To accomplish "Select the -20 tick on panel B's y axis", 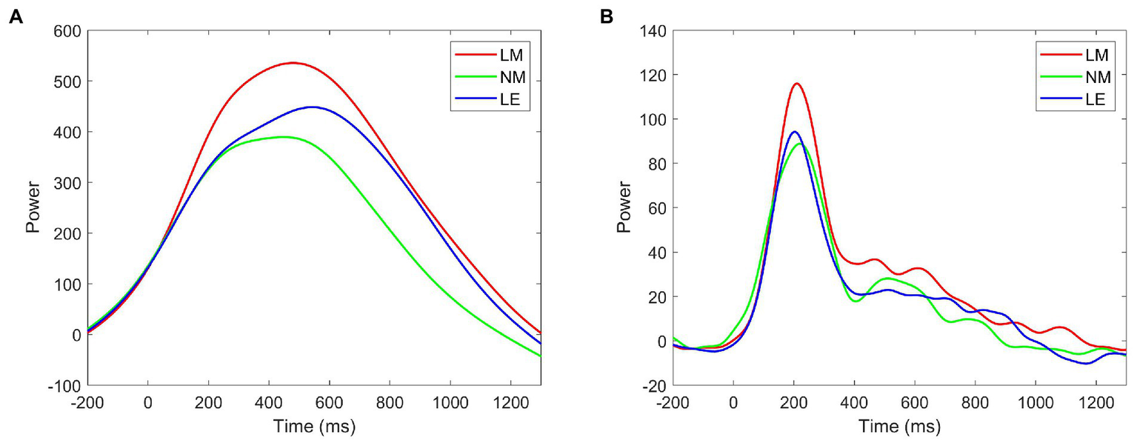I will click(657, 386).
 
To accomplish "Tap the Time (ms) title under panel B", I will click(899, 426).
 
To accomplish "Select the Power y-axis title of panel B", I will click(624, 208).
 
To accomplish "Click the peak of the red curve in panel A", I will click(293, 63).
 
